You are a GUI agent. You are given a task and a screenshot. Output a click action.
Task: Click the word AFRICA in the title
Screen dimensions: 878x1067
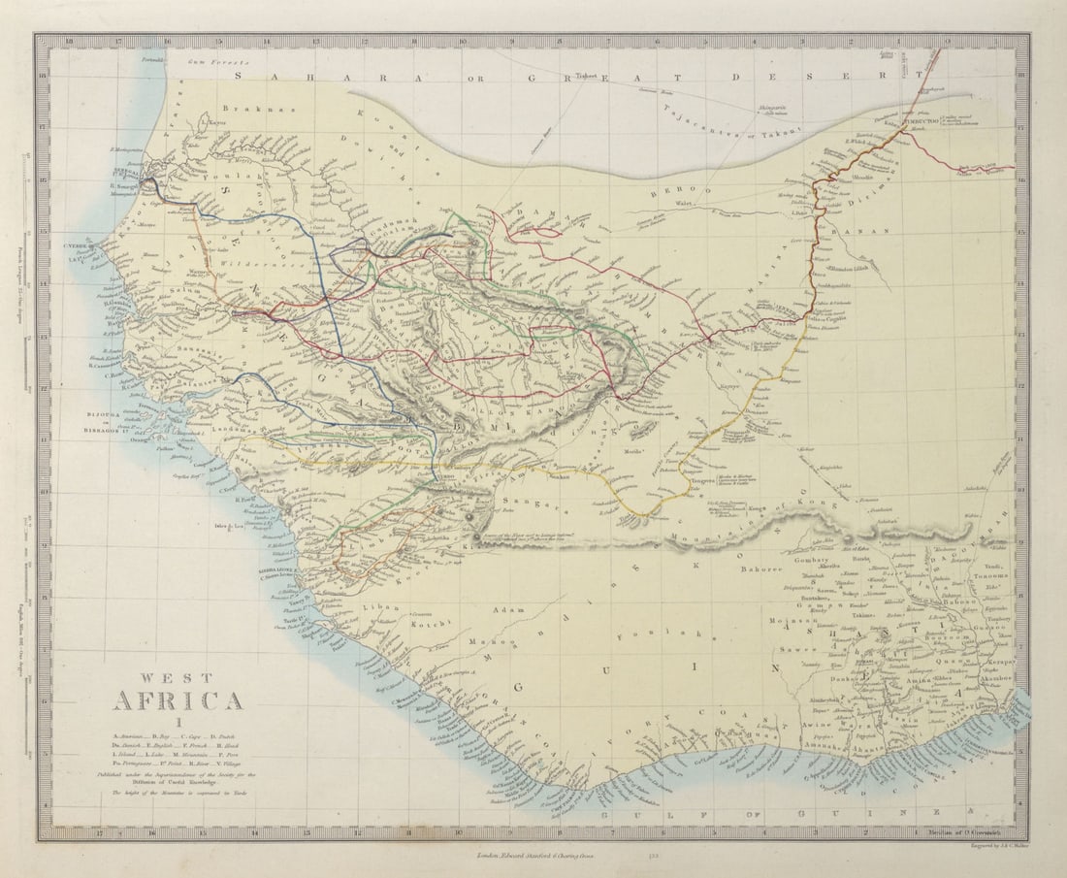click(178, 699)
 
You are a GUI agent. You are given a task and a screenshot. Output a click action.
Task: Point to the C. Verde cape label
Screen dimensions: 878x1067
click(78, 245)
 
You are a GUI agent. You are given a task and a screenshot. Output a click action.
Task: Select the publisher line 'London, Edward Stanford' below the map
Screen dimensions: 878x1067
click(533, 856)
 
